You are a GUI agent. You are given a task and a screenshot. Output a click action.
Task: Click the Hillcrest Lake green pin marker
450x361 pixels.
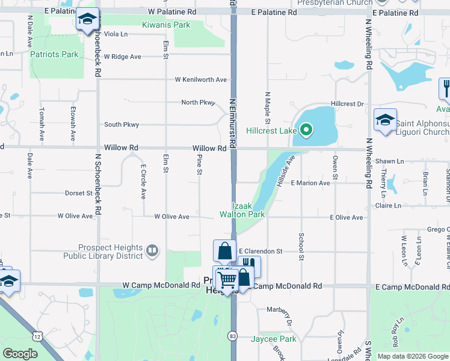coord(306,129)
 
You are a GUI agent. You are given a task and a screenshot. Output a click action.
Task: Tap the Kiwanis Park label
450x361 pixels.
coord(166,25)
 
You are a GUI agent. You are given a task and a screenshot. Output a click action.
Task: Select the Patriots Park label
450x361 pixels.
coord(54,54)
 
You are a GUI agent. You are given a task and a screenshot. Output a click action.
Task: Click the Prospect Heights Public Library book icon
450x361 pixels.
coord(152,251)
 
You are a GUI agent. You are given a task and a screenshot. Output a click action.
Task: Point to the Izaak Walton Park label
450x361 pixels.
coord(242,209)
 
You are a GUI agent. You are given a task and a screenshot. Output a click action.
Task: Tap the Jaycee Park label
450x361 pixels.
coord(274,339)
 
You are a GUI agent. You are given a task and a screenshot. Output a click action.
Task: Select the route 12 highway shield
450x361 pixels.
coord(38,336)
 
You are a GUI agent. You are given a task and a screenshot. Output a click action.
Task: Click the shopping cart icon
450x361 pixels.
coord(227,279)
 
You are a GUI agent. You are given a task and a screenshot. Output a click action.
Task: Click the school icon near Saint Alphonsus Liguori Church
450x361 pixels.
coord(385,120)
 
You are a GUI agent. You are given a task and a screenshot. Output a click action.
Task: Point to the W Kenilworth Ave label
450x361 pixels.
coord(201,79)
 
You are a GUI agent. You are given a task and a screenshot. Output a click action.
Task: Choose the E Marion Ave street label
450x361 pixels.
coord(310,183)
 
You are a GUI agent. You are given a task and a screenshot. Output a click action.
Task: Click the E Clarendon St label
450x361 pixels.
coord(260,251)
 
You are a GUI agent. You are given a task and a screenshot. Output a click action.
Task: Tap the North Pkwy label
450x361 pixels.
coord(198,102)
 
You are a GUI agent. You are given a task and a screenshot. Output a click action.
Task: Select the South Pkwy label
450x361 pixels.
coord(122,125)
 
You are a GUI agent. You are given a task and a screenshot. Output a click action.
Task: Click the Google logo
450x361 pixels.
coord(20,354)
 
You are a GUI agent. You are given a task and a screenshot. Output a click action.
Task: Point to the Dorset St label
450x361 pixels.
coord(79,194)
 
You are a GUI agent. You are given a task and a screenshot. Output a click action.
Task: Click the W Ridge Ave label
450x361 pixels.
coord(122,57)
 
